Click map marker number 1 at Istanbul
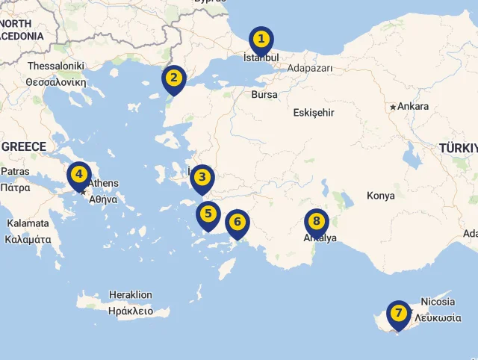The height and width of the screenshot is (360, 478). (261, 39)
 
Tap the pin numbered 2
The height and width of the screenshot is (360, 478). (174, 78)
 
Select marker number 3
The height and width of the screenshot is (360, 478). (202, 178)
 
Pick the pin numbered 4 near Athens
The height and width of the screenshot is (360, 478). (79, 175)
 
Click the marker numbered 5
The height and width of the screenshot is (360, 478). (208, 214)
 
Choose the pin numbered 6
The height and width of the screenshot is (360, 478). (238, 222)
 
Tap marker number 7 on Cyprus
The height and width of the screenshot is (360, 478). (399, 313)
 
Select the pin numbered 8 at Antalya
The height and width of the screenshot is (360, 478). (317, 221)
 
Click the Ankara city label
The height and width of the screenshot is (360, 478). (413, 107)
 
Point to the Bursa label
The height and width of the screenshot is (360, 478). (264, 95)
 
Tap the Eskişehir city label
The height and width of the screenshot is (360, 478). (314, 113)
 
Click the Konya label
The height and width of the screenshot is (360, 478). (380, 196)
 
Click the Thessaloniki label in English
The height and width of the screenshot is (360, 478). (56, 66)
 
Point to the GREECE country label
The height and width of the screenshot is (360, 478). (23, 146)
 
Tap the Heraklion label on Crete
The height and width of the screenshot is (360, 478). (130, 295)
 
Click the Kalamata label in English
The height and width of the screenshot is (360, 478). (28, 223)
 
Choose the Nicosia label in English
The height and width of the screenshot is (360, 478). (438, 302)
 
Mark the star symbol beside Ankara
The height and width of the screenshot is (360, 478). (393, 108)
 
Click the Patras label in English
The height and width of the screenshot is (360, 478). (15, 171)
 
